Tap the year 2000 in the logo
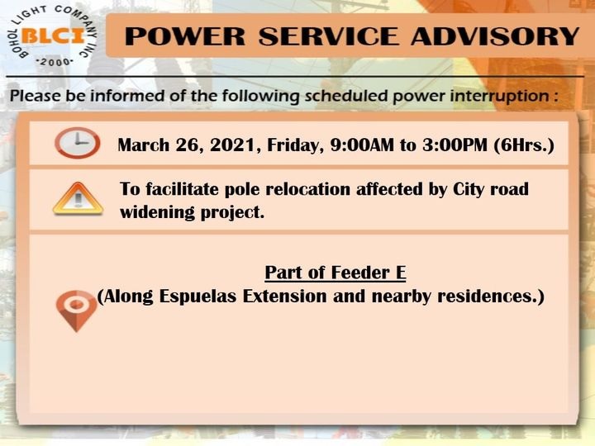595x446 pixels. [x=55, y=62]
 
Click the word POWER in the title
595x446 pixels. [x=185, y=36]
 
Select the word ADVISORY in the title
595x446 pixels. [x=495, y=36]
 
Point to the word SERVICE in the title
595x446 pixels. [x=329, y=36]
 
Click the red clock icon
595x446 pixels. [x=78, y=143]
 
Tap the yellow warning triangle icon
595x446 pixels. [x=78, y=199]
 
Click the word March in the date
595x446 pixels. [x=144, y=145]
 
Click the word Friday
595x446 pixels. [x=295, y=145]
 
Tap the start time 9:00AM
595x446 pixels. [x=362, y=145]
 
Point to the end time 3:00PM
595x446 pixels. [x=455, y=145]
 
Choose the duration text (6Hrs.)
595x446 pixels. [x=524, y=145]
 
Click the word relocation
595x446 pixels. [x=307, y=189]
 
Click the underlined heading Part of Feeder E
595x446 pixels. [x=336, y=273]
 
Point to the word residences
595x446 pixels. [x=488, y=297]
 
